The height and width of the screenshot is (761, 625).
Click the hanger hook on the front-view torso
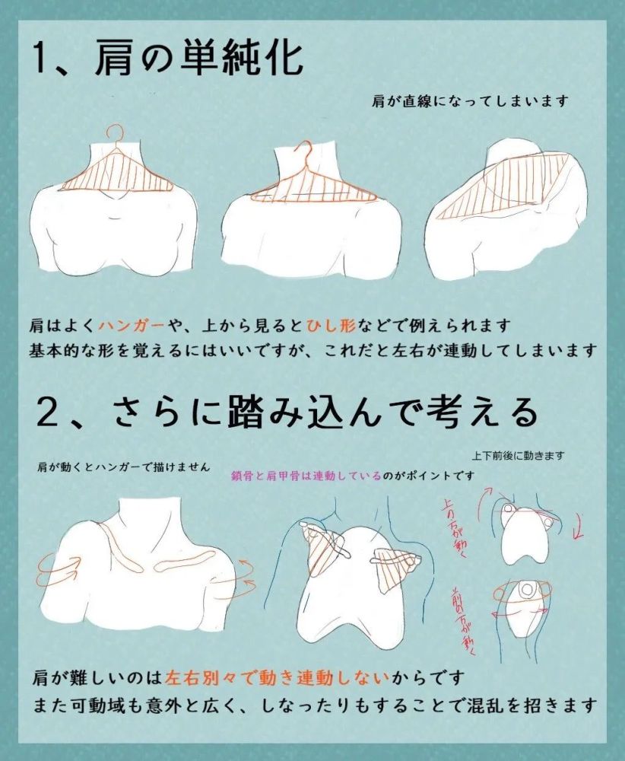[x=114, y=135]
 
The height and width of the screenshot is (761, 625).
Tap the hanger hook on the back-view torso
[x=304, y=152]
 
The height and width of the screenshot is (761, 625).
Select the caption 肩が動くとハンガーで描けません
[x=122, y=466]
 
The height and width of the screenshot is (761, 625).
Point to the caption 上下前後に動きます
[x=518, y=456]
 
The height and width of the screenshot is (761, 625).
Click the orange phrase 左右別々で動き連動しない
[x=278, y=677]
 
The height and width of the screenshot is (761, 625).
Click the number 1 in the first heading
[x=44, y=59]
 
